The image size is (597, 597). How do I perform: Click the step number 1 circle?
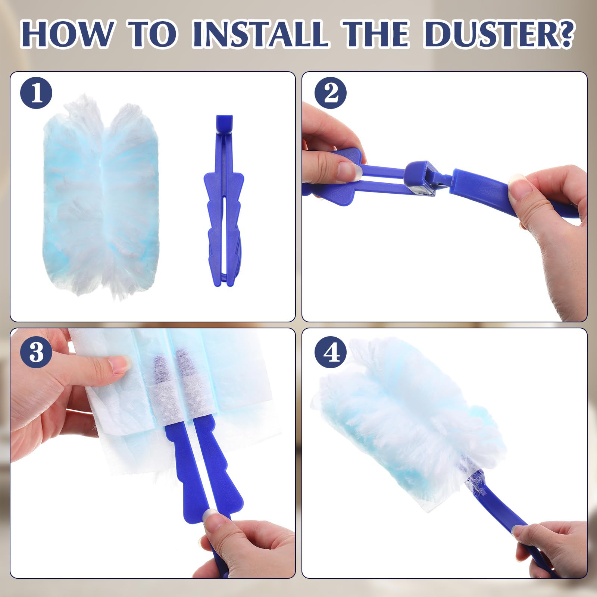click(37, 93)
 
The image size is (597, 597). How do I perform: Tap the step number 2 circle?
click(331, 93)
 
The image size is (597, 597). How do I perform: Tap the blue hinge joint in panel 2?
click(421, 178)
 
